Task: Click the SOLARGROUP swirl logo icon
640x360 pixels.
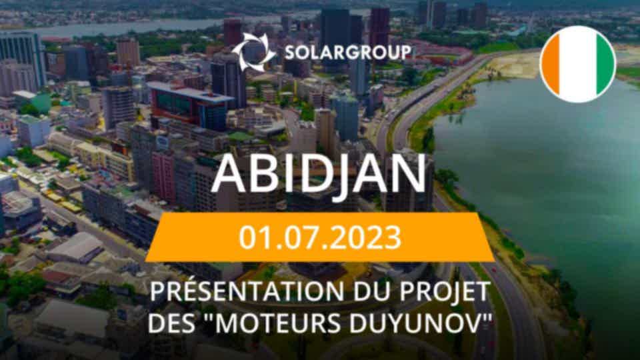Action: [x=253, y=53]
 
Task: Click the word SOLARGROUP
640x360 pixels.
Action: [x=348, y=53]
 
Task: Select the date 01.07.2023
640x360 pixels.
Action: [x=320, y=237]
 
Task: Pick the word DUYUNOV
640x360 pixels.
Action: [x=415, y=323]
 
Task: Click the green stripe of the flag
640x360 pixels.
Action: [x=606, y=64]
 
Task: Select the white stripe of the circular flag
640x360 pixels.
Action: [x=578, y=64]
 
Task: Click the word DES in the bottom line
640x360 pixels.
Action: [x=169, y=323]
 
